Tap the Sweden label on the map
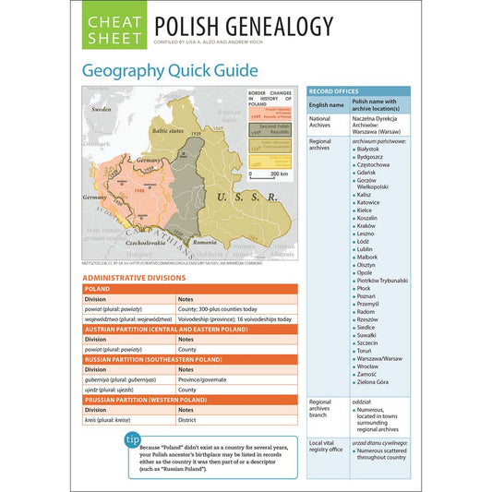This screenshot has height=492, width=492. click(x=102, y=110)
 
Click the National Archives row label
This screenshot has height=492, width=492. click(x=320, y=124)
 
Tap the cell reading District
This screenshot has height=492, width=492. click(x=187, y=420)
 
